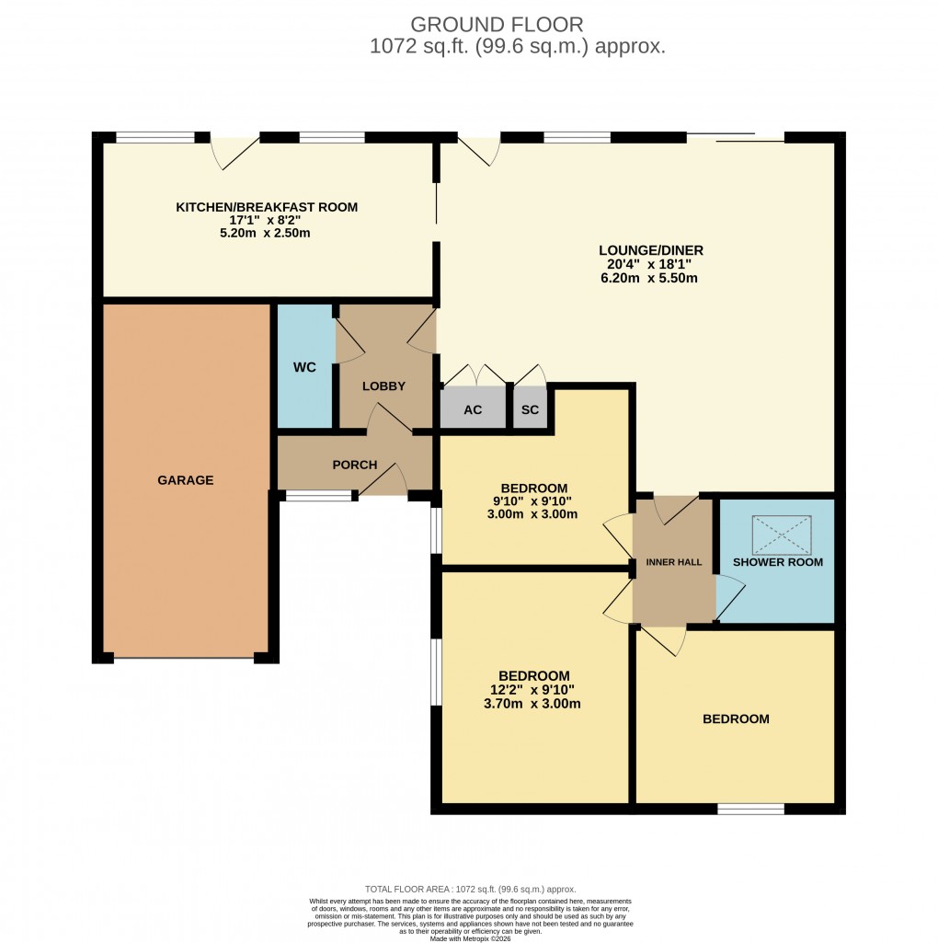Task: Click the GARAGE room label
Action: [185, 480]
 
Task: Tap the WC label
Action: [304, 368]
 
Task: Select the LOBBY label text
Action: [383, 386]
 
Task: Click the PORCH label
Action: [354, 465]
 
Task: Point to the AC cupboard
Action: [473, 409]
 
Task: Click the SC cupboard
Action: [530, 409]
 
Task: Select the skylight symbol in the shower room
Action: [783, 535]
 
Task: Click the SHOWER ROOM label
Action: [778, 562]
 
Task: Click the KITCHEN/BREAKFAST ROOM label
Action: [267, 207]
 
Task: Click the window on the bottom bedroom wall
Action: [750, 810]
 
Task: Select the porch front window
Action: [318, 497]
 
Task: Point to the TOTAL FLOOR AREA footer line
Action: [470, 889]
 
